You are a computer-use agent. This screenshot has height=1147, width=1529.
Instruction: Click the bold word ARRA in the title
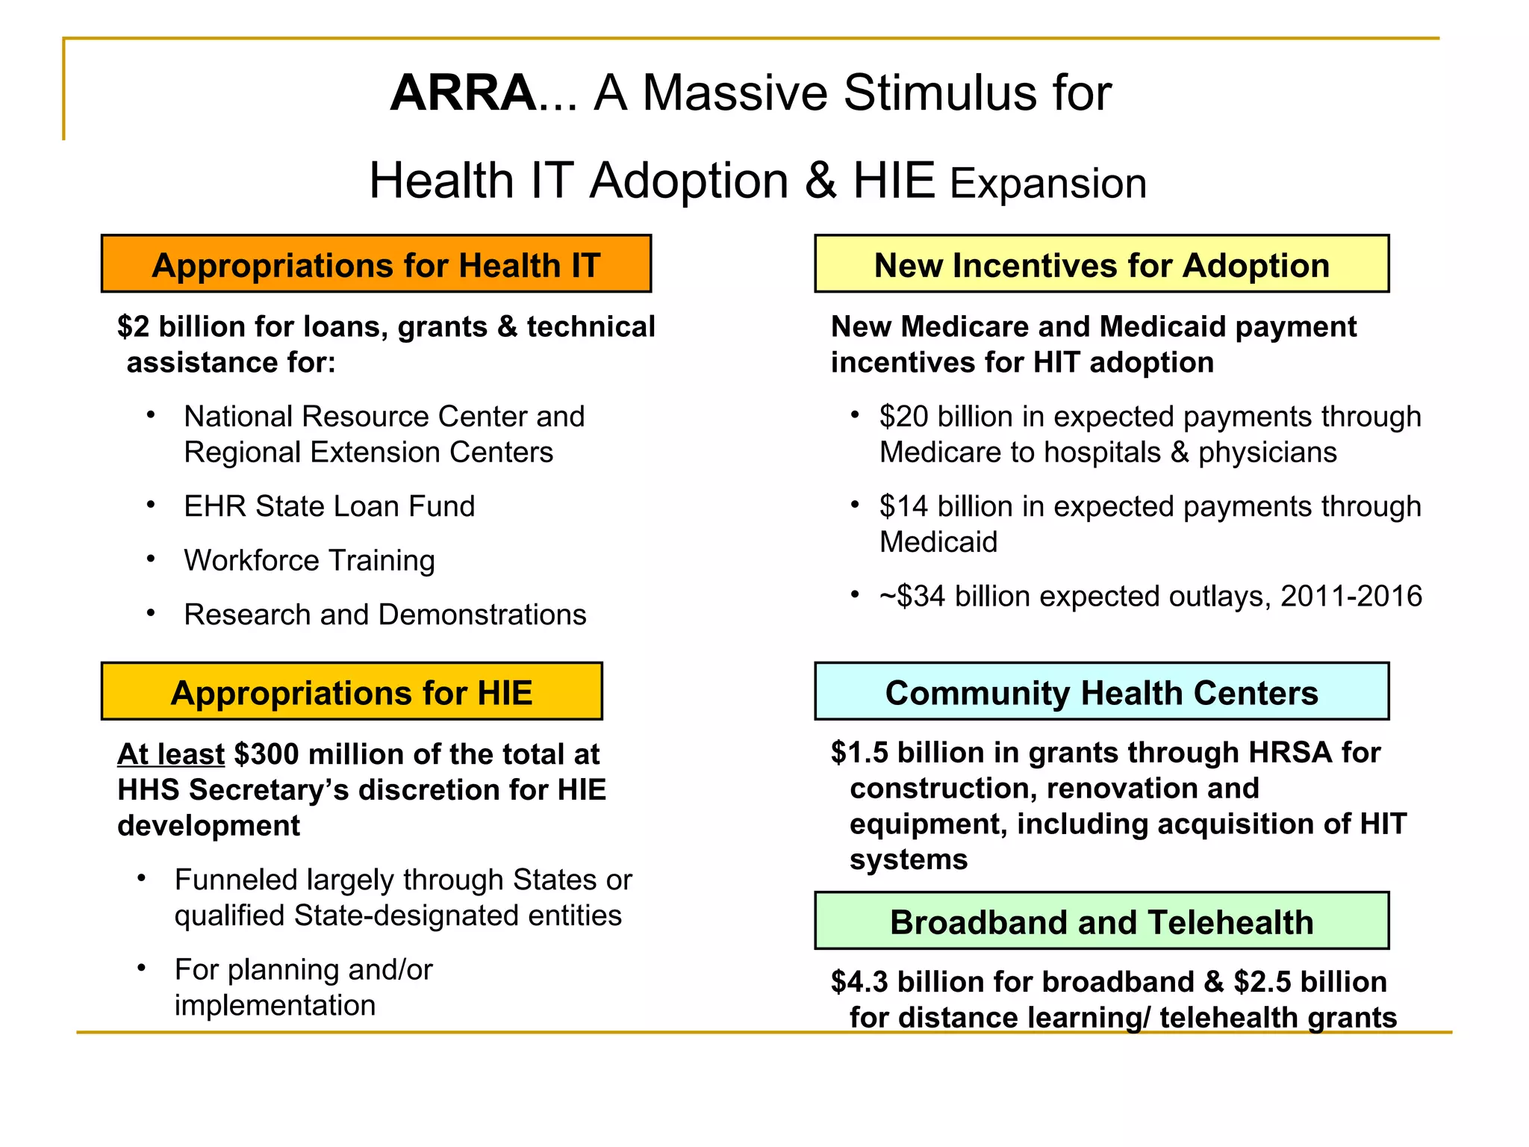coord(462,93)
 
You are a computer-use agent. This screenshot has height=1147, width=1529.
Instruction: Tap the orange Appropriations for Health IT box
coord(376,264)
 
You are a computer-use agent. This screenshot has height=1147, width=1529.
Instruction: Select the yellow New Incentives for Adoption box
coord(1101,264)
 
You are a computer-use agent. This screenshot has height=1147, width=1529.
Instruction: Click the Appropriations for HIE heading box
coord(352,692)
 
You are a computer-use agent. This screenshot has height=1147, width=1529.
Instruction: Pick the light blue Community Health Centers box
coord(1101,692)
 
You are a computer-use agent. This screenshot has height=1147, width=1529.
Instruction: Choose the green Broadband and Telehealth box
coord(1101,921)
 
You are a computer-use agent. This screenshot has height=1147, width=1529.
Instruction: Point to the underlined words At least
coord(171,754)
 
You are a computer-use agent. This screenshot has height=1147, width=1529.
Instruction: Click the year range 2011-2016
coord(1351,597)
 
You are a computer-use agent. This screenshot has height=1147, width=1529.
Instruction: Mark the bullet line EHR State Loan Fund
coord(329,506)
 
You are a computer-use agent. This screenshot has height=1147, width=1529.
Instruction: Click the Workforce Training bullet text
coord(309,561)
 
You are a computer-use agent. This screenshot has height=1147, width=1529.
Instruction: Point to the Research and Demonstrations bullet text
coord(384,615)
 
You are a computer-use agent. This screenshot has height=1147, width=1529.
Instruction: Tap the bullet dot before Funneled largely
coord(141,878)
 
